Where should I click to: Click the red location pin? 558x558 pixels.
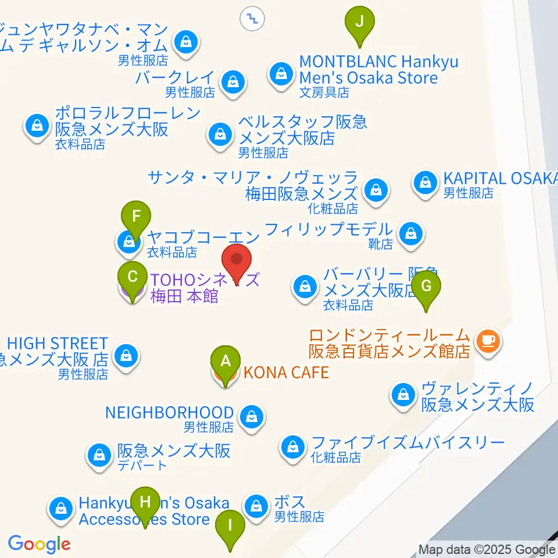237,260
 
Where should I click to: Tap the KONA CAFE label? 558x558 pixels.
286,372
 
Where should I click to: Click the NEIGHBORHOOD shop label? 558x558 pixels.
169,413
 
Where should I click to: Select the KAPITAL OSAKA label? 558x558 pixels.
500,178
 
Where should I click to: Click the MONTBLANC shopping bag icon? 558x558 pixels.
281,74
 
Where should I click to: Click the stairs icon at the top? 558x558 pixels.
252,19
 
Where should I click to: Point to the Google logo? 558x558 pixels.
39,545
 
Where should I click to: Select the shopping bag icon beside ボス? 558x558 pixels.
255,506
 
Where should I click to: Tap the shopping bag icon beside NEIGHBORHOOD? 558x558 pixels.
252,416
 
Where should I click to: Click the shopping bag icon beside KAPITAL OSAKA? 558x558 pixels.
426,183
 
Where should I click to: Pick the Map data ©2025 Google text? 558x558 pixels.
487,550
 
